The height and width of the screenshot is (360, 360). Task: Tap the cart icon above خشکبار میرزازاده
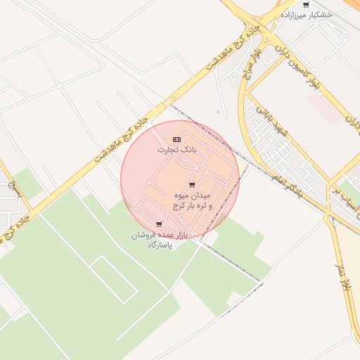[x=305, y=4]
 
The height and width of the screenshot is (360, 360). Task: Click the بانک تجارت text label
[x=175, y=150]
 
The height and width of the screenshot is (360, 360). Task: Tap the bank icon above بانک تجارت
[x=176, y=139]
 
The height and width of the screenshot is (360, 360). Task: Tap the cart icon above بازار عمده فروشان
[x=159, y=224]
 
